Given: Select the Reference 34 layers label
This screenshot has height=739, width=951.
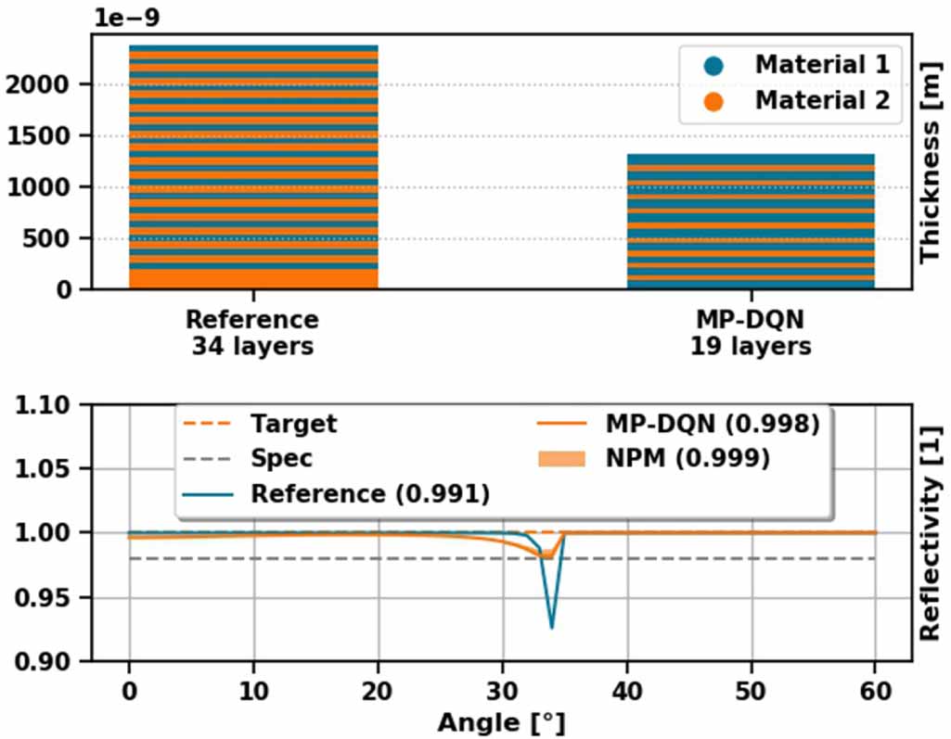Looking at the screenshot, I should (x=252, y=333).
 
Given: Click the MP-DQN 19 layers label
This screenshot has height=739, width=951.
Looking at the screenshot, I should (x=750, y=333).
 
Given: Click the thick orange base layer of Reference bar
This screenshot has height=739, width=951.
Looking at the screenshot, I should (x=252, y=277).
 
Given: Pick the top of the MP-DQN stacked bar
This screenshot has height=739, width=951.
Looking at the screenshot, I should (x=750, y=157).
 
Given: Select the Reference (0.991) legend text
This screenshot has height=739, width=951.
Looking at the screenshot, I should (x=369, y=492).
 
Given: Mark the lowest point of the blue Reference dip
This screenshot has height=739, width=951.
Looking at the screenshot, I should (x=552, y=628).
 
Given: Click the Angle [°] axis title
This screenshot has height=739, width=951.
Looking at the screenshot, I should (x=501, y=722).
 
